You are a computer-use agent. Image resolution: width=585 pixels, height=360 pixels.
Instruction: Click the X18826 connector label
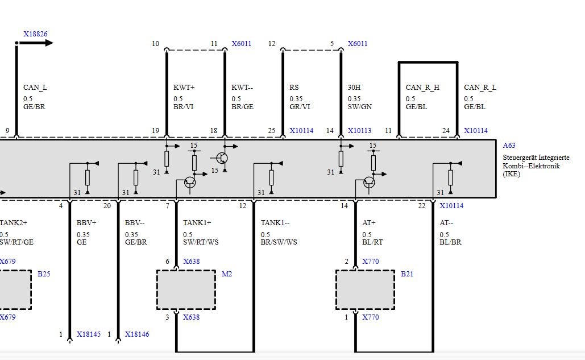pos(35,34)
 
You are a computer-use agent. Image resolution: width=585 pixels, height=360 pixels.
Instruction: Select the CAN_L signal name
pos(35,88)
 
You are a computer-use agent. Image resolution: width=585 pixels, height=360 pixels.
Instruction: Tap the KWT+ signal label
pos(184,88)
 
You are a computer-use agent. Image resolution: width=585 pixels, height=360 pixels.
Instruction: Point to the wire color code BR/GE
pos(243,107)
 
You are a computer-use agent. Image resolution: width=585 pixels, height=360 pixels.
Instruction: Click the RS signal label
pos(294,88)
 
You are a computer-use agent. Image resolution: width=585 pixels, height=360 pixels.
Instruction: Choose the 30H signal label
pos(354,88)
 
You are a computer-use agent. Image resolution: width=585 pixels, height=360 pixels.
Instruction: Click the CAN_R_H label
pos(422,88)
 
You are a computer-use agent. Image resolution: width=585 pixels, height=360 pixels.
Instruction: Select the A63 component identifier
pos(509,146)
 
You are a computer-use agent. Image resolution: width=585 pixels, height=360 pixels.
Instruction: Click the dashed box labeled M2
pos(186,290)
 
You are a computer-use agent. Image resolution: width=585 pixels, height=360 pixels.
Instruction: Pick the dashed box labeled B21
pos(365,290)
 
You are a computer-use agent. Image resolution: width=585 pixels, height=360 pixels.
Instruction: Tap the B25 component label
pos(44,274)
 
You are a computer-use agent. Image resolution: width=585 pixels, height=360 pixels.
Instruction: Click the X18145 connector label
pos(89,334)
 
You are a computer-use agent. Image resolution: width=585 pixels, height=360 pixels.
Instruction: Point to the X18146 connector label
pos(137,334)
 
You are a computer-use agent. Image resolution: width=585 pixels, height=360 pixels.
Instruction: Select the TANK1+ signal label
pos(197,223)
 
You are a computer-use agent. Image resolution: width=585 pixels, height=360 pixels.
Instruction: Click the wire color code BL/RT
pos(372,242)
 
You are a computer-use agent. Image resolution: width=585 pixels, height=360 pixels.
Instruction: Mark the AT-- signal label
pos(446,223)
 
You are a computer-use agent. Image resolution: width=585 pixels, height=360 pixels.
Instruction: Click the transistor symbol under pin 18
pos(222,158)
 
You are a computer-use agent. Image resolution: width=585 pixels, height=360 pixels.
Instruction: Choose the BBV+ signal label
pos(86,223)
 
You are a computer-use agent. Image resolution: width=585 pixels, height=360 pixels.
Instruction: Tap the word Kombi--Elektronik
pos(531,166)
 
